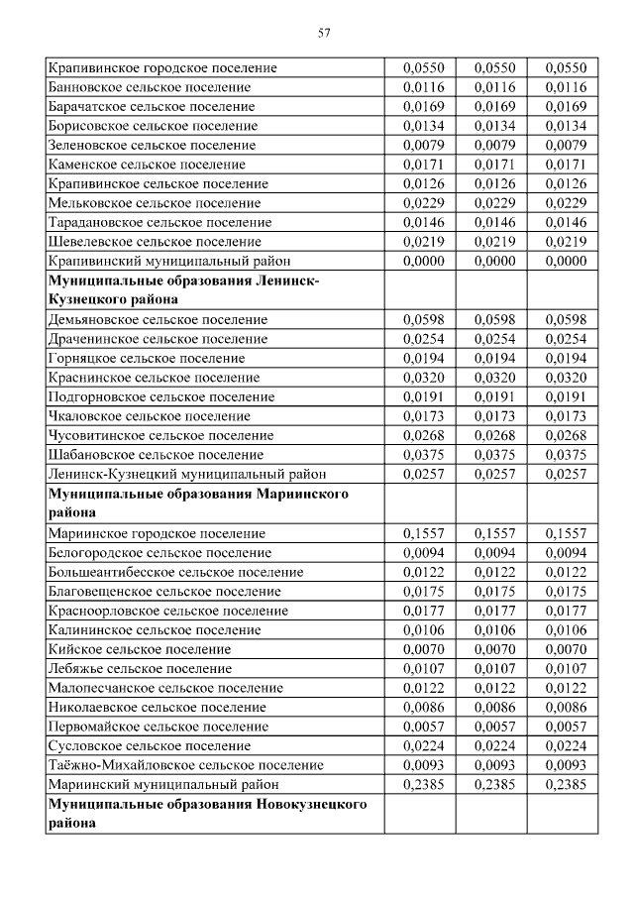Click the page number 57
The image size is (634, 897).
[x=324, y=33]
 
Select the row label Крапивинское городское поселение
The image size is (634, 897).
[x=161, y=68]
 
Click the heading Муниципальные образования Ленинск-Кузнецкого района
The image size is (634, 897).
[x=183, y=289]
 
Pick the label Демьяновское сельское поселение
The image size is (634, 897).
[x=158, y=319]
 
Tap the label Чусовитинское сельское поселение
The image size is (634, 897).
[x=160, y=435]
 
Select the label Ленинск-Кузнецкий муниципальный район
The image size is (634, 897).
[x=186, y=474]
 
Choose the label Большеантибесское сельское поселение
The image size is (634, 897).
[x=175, y=572]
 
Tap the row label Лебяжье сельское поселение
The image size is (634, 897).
[x=141, y=668]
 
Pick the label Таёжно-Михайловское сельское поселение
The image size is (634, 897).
[x=185, y=764]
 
